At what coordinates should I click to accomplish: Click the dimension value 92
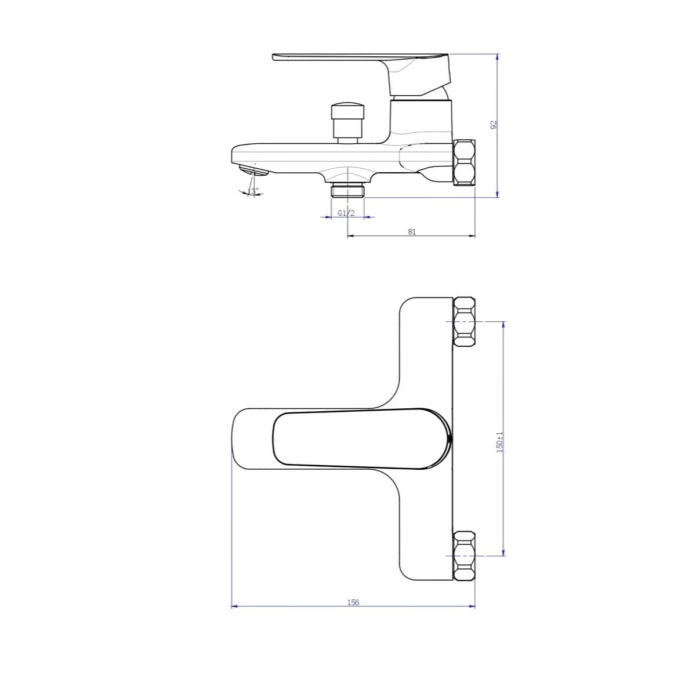tap(494, 125)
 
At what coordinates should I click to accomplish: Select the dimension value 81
tap(411, 231)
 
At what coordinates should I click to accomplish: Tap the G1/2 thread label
tap(346, 213)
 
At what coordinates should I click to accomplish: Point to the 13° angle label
tap(253, 191)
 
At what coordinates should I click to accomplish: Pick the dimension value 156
tap(353, 602)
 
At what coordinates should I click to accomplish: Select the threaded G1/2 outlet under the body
tap(347, 191)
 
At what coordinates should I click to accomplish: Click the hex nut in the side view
tap(464, 162)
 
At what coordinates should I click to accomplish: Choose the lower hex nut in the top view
tap(464, 555)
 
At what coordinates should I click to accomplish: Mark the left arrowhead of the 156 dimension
tap(234, 607)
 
